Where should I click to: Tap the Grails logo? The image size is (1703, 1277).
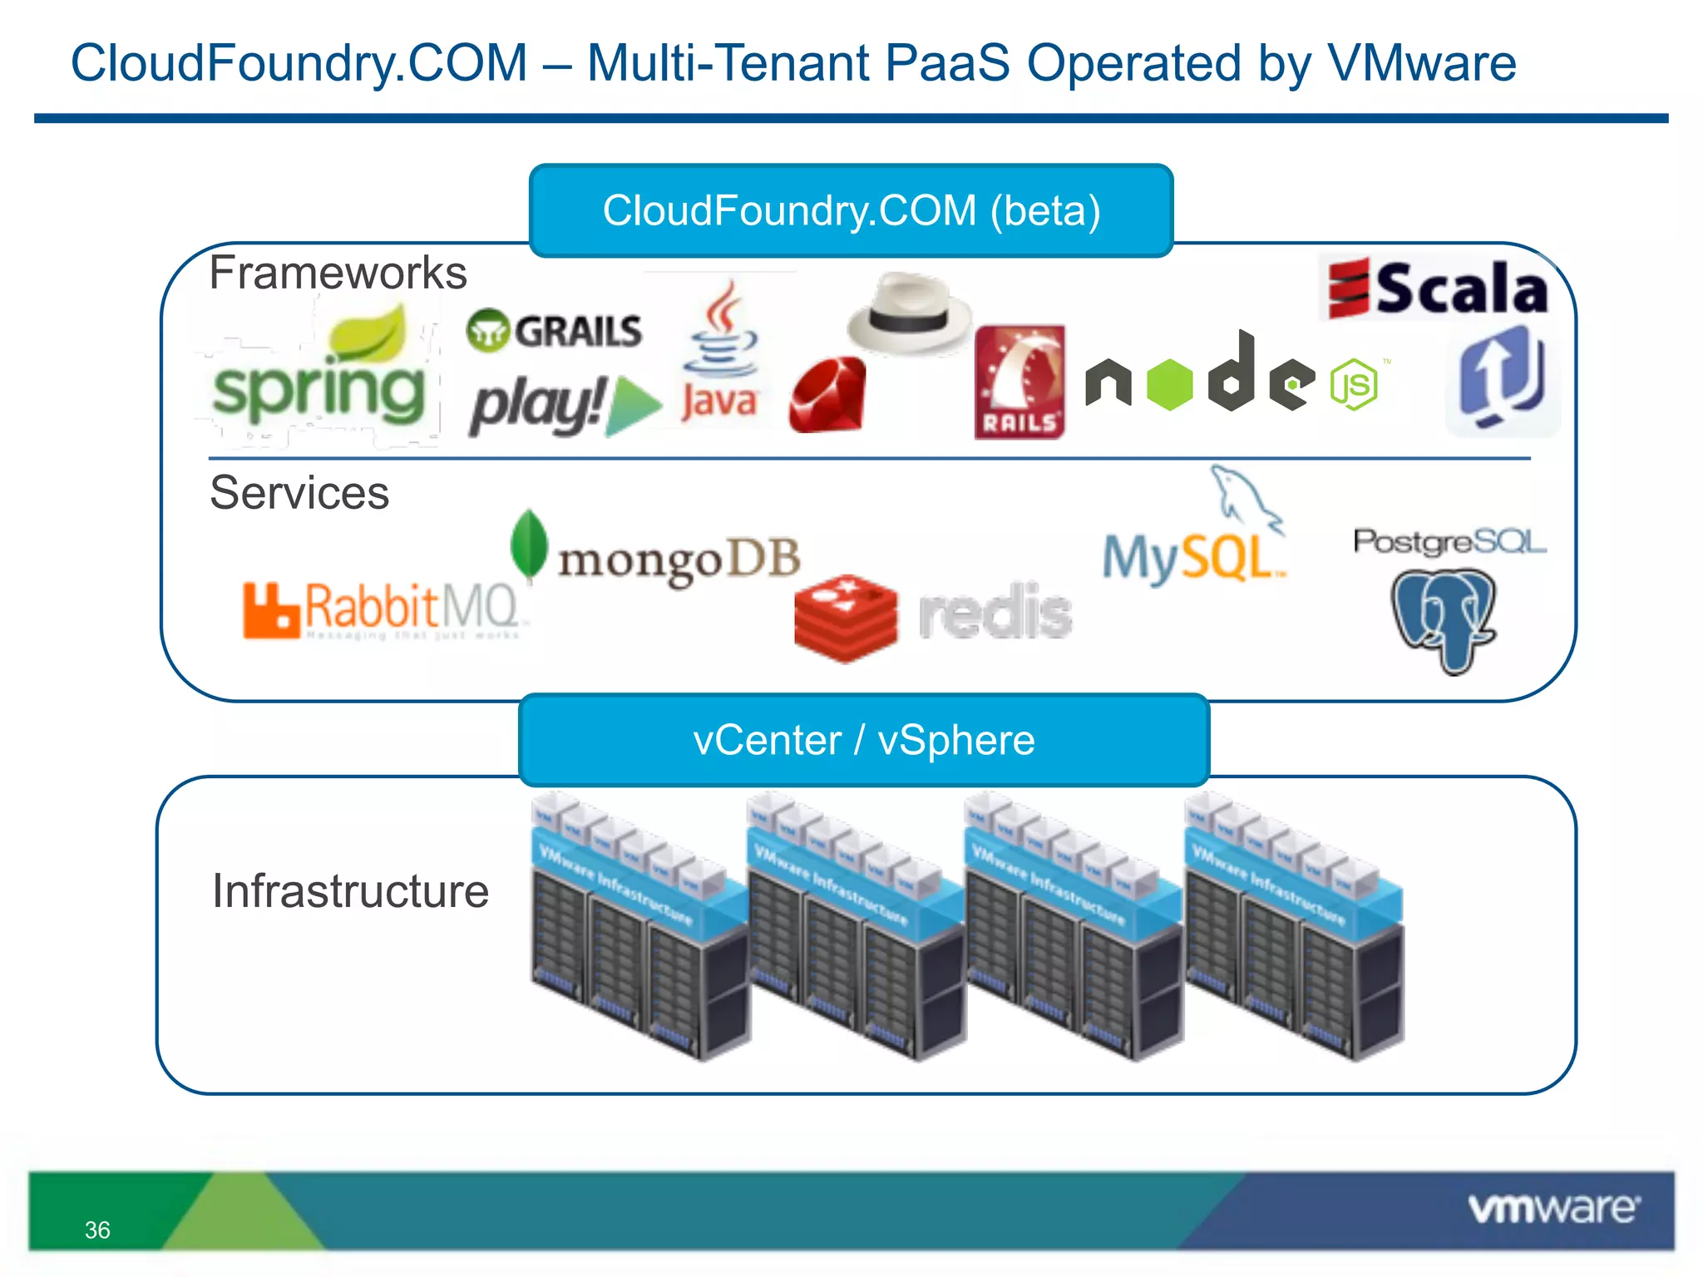coord(555,331)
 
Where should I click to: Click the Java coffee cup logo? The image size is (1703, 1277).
coord(720,354)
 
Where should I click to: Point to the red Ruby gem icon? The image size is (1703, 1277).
coord(828,395)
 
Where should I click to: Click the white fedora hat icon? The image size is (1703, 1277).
coord(909,313)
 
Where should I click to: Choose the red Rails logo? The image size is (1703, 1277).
coord(1019,382)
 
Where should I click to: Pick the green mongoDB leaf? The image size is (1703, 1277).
coord(529,545)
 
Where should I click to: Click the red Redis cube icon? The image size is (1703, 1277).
coord(845,618)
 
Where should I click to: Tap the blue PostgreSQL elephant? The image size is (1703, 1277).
coord(1444,618)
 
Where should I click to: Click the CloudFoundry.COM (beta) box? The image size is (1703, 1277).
coord(851,210)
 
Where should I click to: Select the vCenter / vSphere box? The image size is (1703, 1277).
coord(863,740)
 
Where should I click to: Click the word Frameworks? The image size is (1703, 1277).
coord(338,273)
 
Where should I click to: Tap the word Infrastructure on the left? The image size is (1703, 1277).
coord(350,891)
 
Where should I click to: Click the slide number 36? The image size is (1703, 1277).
coord(97,1230)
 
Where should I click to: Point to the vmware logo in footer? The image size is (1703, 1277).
coord(1553,1208)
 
